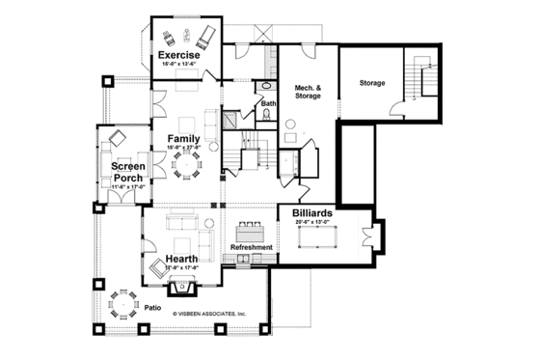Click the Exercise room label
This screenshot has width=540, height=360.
[x=179, y=56]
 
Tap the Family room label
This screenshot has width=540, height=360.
[x=183, y=139]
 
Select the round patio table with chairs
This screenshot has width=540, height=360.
[x=122, y=305]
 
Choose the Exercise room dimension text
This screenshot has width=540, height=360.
[x=179, y=65]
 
